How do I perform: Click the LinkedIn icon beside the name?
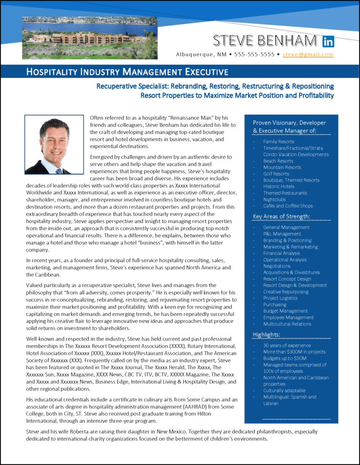328,42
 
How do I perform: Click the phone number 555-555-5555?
254,54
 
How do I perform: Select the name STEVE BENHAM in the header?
265,41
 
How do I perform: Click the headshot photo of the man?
54,144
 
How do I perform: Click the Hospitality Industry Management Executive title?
127,72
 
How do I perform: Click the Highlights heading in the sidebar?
266,335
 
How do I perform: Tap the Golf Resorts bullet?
276,174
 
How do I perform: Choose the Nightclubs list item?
274,199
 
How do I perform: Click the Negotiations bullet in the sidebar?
277,266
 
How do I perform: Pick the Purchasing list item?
275,304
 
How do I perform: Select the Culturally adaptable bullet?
284,390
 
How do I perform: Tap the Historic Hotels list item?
279,186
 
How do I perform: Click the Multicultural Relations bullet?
287,324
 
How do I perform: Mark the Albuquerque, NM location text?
202,54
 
